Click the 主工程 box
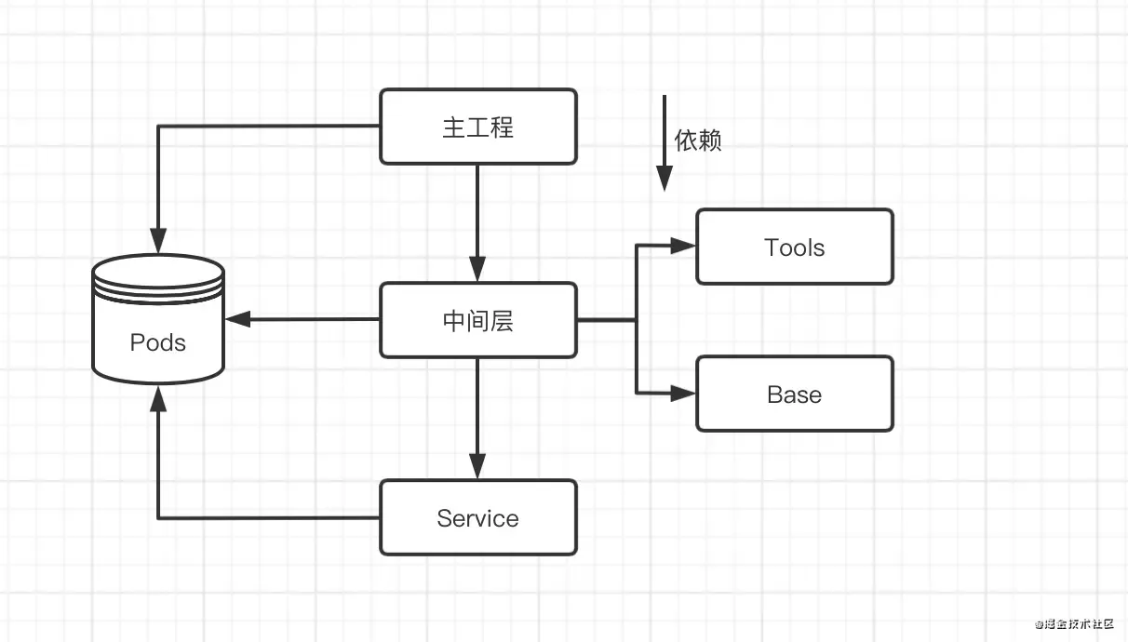pyautogui.click(x=477, y=127)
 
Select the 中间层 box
pyautogui.click(x=477, y=320)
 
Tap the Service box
pyautogui.click(x=477, y=517)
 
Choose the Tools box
pyautogui.click(x=794, y=247)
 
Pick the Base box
pyautogui.click(x=794, y=394)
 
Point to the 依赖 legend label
pyautogui.click(x=698, y=141)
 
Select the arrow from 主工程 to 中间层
pyautogui.click(x=477, y=223)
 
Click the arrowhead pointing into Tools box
pyautogui.click(x=684, y=247)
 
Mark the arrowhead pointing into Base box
pyautogui.click(x=684, y=394)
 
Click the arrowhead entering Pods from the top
pyautogui.click(x=158, y=241)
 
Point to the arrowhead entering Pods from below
pyautogui.click(x=158, y=398)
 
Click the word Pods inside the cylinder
pyautogui.click(x=158, y=342)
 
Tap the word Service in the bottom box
pyautogui.click(x=477, y=518)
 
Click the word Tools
pyautogui.click(x=794, y=247)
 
